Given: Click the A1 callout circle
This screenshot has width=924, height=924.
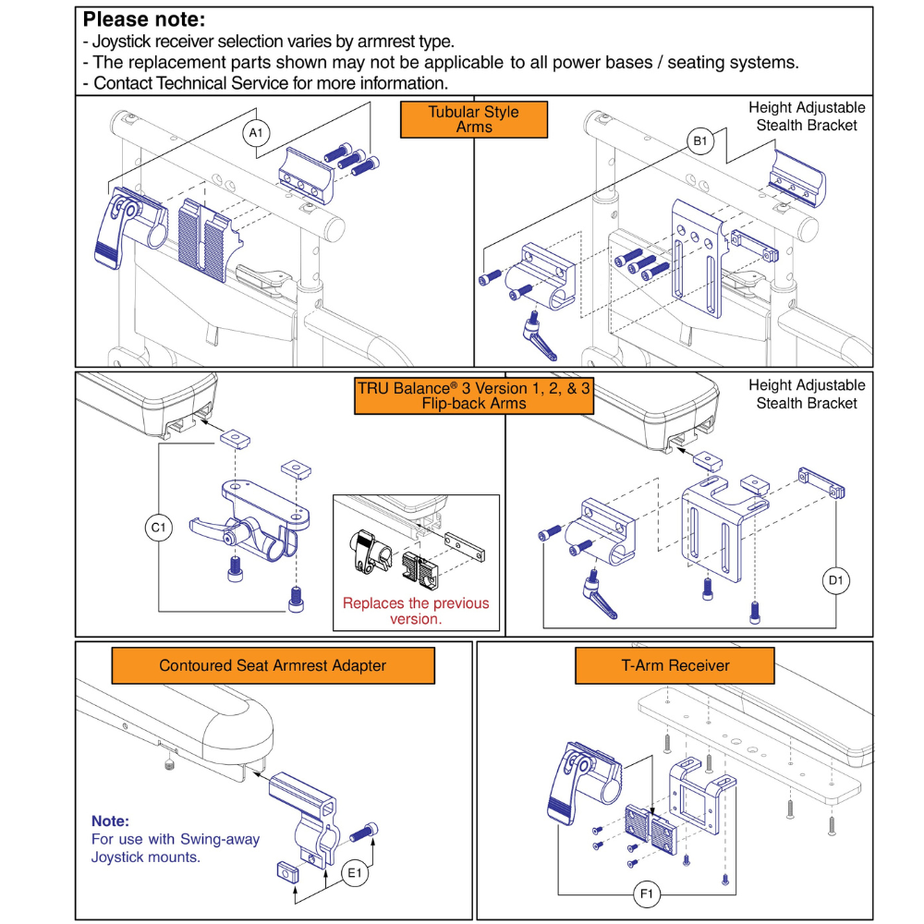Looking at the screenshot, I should tap(257, 133).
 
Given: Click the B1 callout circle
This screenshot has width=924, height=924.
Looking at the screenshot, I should tap(699, 141).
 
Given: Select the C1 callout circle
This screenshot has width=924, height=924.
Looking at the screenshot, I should tap(158, 529).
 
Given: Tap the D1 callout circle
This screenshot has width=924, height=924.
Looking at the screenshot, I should tap(837, 580).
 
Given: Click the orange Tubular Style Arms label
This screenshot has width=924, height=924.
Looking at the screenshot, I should tap(474, 119).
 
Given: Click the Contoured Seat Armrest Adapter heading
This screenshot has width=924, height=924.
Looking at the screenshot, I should tap(273, 665).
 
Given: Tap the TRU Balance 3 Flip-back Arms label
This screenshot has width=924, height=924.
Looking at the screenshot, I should tap(474, 395).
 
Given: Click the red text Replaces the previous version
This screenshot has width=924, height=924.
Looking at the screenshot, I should tap(416, 611).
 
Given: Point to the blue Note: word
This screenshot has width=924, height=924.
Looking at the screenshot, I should tap(110, 821).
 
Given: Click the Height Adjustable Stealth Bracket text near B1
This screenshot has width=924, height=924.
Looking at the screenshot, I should tap(807, 116).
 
